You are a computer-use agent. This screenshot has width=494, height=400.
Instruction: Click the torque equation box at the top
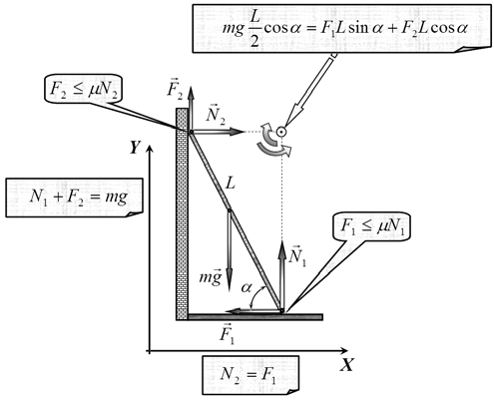(341, 28)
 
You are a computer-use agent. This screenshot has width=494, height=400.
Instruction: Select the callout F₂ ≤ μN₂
(83, 88)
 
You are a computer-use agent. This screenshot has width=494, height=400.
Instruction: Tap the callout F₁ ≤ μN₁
(372, 226)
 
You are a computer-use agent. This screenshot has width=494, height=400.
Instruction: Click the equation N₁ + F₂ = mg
(75, 198)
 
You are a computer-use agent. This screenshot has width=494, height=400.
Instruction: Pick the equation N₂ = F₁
(250, 376)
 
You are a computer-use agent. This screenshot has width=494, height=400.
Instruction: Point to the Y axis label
(135, 148)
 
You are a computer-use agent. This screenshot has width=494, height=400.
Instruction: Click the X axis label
(346, 365)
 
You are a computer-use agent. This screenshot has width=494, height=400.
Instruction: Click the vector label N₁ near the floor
(297, 256)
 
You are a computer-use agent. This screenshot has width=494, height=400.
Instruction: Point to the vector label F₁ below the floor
(228, 333)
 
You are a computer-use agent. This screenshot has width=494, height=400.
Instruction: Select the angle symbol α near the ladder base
(247, 288)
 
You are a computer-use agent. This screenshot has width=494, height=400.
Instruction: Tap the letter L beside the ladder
(231, 183)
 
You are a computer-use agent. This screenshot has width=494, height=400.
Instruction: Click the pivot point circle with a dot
(281, 132)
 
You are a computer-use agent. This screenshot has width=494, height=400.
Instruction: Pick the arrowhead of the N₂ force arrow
(236, 132)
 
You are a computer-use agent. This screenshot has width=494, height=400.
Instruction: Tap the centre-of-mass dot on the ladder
(230, 210)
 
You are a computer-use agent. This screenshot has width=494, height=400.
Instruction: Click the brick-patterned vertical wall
(182, 214)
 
